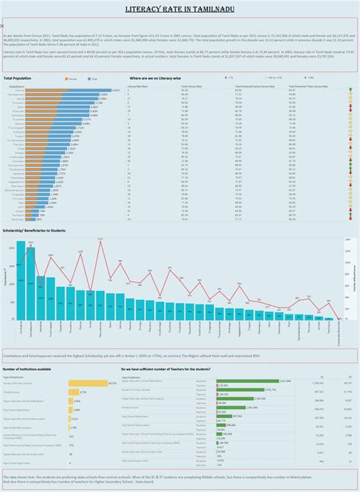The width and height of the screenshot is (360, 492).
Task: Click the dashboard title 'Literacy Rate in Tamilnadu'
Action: (179, 9)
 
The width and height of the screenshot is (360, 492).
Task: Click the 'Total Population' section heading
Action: (17, 78)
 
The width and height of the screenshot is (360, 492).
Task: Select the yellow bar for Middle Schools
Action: (74, 393)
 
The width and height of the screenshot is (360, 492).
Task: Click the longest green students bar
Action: (254, 381)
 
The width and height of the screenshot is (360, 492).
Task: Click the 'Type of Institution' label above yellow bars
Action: (14, 377)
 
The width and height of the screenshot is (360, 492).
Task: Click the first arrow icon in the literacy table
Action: (350, 90)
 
